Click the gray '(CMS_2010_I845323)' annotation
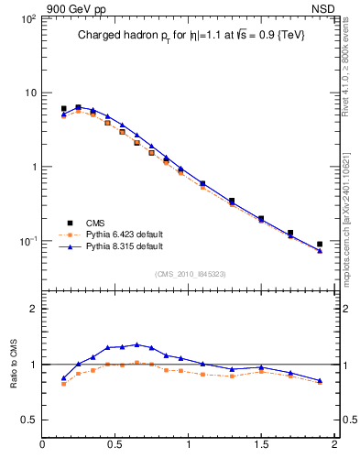[x=188, y=274]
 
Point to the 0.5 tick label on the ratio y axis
[x=28, y=420]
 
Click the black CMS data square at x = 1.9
[x=320, y=245]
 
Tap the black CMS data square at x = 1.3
[x=232, y=201]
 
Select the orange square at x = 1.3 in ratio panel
[x=232, y=376]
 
